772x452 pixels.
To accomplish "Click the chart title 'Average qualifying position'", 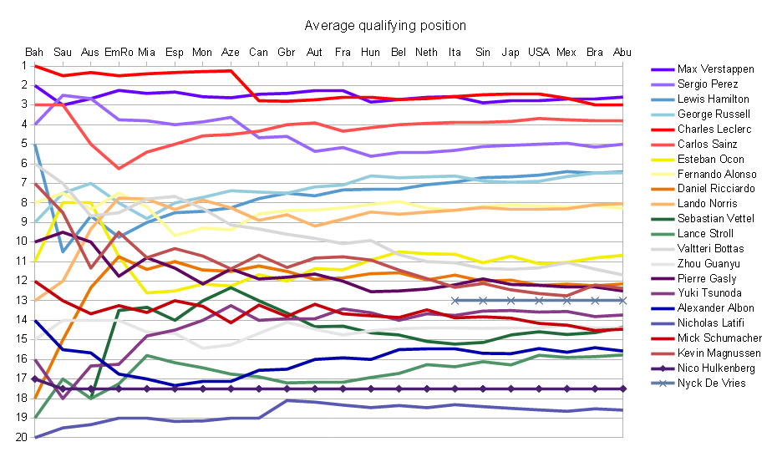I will click(385, 26).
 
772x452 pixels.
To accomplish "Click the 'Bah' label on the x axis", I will click(35, 52).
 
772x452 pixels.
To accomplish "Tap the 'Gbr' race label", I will click(287, 52).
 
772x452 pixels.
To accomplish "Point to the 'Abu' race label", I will click(622, 52).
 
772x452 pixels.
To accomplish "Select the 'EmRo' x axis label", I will click(119, 52).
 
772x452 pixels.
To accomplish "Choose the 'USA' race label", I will click(539, 52).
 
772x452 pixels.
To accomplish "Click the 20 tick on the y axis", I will click(19, 437).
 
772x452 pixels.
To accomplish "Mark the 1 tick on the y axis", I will click(21, 66).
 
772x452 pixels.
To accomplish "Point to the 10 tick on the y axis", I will click(19, 241).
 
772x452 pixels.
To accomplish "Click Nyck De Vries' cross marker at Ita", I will click(455, 300).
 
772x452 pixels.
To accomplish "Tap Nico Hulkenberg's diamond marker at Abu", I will click(622, 389).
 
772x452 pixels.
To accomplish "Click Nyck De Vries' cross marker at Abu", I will click(622, 300).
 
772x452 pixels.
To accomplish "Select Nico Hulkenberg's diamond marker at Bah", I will click(35, 378).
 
